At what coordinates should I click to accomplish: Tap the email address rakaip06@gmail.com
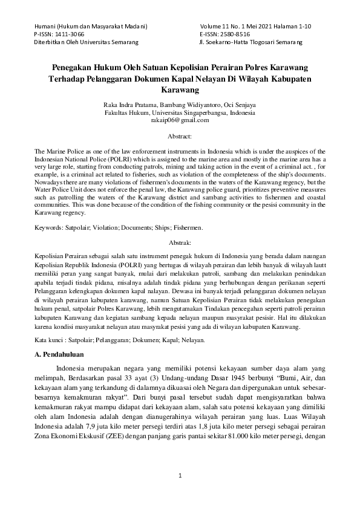point(180,120)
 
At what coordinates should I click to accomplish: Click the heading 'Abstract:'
point(180,138)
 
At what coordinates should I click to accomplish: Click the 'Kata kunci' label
point(50,340)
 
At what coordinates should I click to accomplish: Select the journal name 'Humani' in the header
point(45,27)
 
